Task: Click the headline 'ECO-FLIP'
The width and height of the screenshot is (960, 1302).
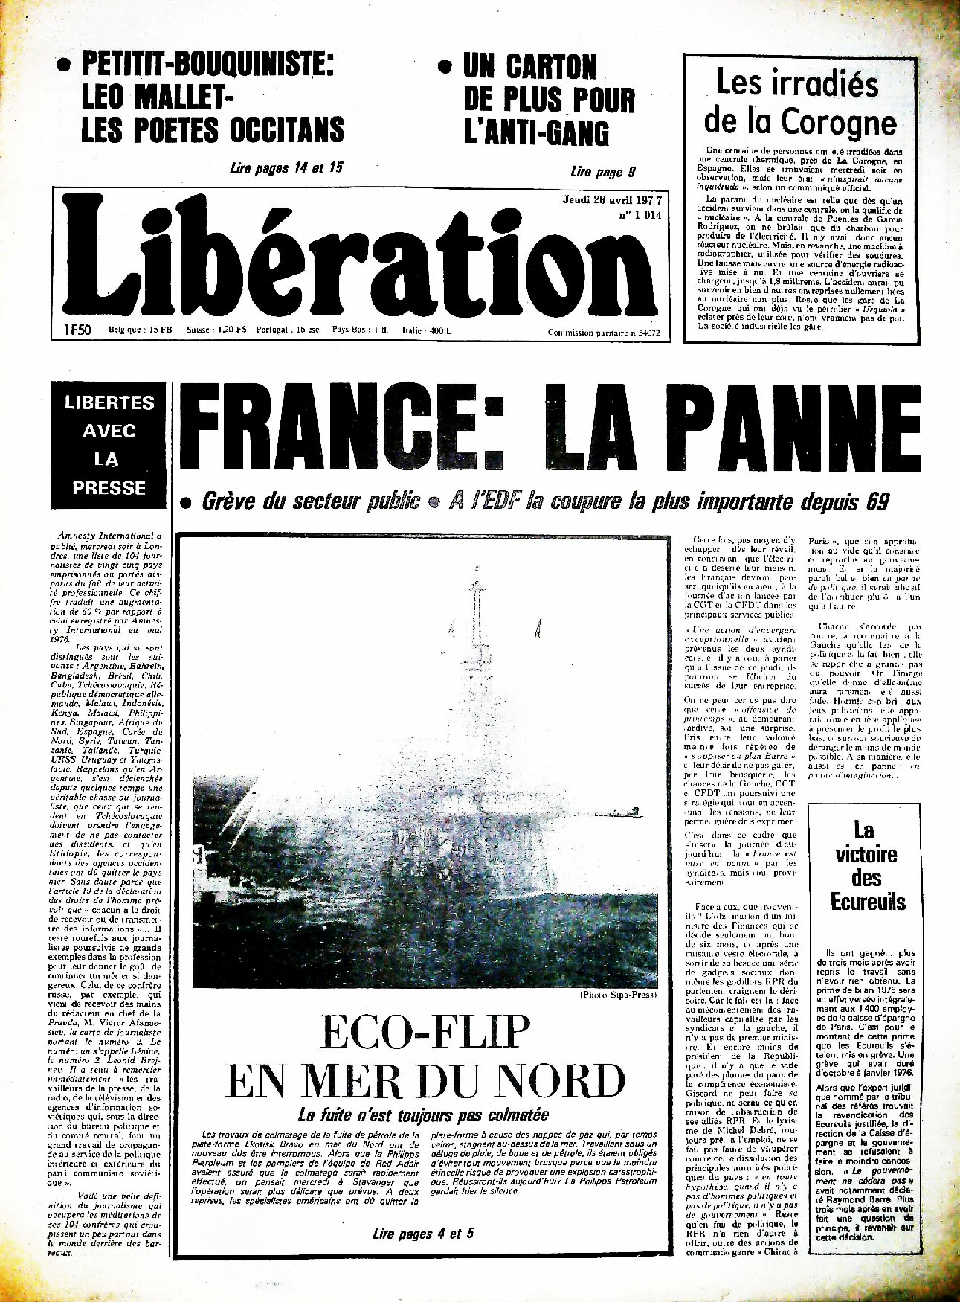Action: coord(425,1033)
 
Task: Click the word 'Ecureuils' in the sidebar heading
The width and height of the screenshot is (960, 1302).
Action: coord(868,902)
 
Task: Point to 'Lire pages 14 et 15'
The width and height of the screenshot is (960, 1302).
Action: coord(287,168)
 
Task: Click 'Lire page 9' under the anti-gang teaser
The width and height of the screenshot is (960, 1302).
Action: coord(603,173)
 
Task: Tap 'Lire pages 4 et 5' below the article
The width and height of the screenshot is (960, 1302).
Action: coord(422,1234)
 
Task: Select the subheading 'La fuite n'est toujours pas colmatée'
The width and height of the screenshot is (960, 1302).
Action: coord(423,1115)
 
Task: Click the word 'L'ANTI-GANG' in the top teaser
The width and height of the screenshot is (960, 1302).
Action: coord(536,132)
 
